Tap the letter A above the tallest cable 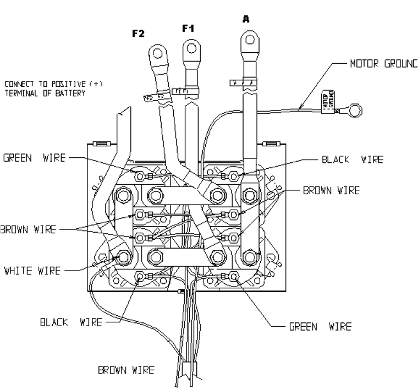(x=245, y=18)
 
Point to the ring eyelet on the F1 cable (x=191, y=47)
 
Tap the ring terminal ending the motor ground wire (x=356, y=111)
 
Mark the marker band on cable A (x=243, y=83)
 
